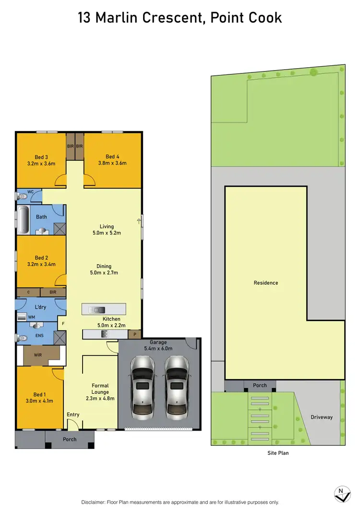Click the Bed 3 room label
point(41,157)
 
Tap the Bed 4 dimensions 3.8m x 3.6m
point(112,163)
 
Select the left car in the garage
point(143,384)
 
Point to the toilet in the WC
point(22,196)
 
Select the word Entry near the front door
point(73,415)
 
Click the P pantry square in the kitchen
point(135,334)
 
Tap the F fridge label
point(62,324)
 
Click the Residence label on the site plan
point(266,283)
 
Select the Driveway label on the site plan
point(321,417)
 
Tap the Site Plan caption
point(278,453)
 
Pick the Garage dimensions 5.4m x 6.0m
point(158,349)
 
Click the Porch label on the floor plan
point(70,439)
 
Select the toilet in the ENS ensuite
point(22,338)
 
